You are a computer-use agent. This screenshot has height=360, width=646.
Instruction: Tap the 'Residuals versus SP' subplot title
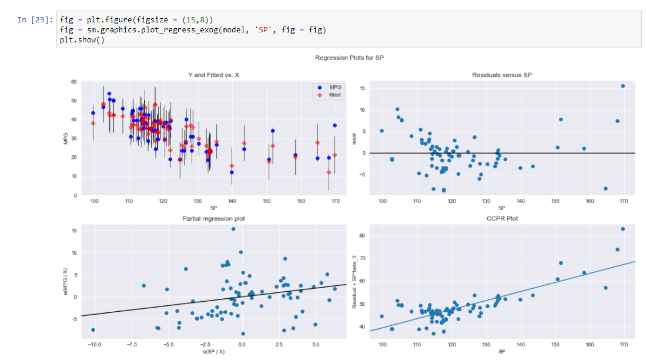pos(501,75)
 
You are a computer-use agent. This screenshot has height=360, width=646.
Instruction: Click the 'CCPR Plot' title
pos(501,219)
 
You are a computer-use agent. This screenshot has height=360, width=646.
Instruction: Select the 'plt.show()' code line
pos(82,40)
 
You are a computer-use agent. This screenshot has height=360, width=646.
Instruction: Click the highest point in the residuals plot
pos(622,86)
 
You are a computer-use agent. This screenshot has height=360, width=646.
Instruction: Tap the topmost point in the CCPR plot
pos(622,229)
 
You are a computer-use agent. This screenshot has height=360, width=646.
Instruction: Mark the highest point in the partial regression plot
pos(233,229)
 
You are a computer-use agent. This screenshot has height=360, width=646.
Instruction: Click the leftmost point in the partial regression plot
pos(93,330)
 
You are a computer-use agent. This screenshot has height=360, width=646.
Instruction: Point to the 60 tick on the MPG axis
pos(73,82)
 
